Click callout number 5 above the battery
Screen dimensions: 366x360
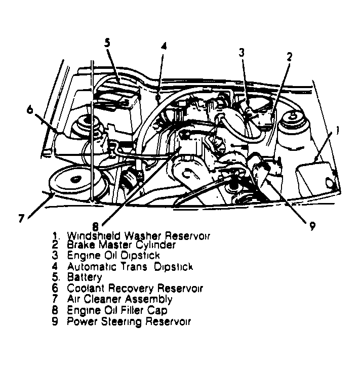107,43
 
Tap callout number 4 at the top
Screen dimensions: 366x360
164,46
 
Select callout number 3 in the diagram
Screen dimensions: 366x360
242,52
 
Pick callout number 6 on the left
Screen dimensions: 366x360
30,110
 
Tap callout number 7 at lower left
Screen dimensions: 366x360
21,218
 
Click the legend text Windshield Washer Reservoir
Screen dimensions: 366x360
138,236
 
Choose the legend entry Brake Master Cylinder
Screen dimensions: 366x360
121,246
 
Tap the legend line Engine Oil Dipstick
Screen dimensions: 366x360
113,256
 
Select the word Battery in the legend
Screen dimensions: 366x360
84,277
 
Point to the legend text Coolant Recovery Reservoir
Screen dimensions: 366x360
135,289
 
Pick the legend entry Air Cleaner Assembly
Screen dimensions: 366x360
119,299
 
